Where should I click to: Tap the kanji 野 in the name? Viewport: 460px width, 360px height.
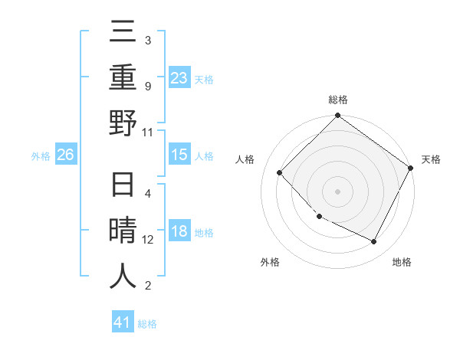tap(123, 123)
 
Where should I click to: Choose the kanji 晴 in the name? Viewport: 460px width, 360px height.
tap(123, 232)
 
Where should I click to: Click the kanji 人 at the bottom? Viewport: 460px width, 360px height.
tap(123, 276)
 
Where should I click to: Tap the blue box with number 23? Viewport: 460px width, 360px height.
tap(179, 78)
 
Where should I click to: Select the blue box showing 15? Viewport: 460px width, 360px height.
tap(179, 155)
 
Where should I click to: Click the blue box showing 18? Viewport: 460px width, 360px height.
tap(179, 232)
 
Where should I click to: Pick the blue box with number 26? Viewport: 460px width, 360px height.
tap(66, 155)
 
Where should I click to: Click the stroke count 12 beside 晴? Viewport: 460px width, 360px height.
tap(149, 240)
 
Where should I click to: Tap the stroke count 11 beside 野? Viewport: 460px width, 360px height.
tap(148, 132)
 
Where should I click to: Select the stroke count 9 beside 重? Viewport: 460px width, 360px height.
tap(148, 87)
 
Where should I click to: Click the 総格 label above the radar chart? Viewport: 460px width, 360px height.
tap(337, 100)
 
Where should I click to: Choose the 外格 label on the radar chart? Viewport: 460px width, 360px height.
tap(270, 263)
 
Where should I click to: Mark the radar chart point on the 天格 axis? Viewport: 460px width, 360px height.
tap(410, 168)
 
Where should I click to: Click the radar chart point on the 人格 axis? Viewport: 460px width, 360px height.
tap(280, 173)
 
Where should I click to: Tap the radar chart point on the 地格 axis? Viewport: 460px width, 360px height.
tap(374, 242)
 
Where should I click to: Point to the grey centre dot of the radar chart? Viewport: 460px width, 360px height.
tap(337, 191)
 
